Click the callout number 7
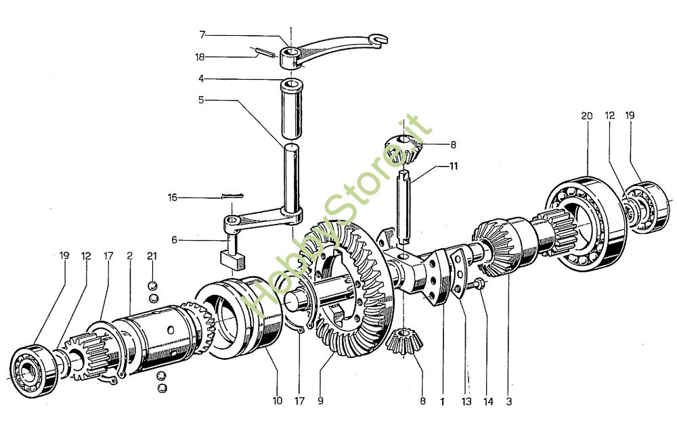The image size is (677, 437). click(x=202, y=34)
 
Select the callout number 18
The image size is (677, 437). click(x=200, y=57)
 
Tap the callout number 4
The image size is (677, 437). click(x=201, y=78)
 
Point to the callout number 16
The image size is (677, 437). click(x=173, y=198)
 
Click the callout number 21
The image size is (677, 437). click(x=152, y=256)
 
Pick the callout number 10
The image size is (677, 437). click(x=277, y=400)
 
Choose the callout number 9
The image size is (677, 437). click(x=320, y=400)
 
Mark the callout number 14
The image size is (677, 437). click(x=488, y=402)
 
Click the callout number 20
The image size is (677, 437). click(x=587, y=116)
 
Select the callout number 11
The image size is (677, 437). click(x=454, y=166)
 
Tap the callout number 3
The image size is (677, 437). click(x=509, y=402)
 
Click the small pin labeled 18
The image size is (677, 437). click(x=263, y=52)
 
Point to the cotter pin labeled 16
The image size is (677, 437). click(x=232, y=196)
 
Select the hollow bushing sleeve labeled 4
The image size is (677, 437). click(x=291, y=108)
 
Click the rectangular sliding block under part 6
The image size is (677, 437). click(x=232, y=259)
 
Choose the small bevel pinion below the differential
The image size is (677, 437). click(x=404, y=341)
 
